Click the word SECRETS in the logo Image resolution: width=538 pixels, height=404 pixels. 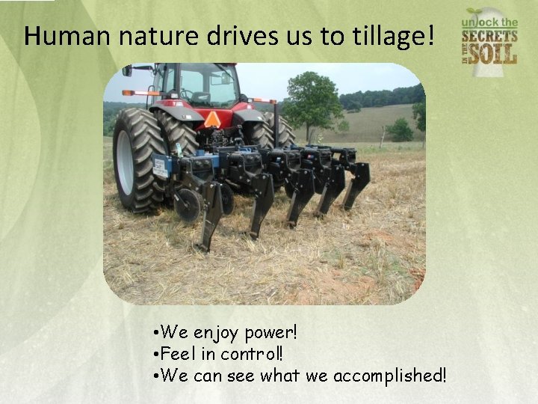coord(489,36)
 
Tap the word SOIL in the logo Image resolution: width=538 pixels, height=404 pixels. coord(495,54)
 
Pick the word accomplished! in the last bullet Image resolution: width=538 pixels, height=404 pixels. coord(389,375)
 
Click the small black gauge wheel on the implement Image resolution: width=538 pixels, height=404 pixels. coord(187,204)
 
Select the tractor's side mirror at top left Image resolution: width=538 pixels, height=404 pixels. coord(128,70)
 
